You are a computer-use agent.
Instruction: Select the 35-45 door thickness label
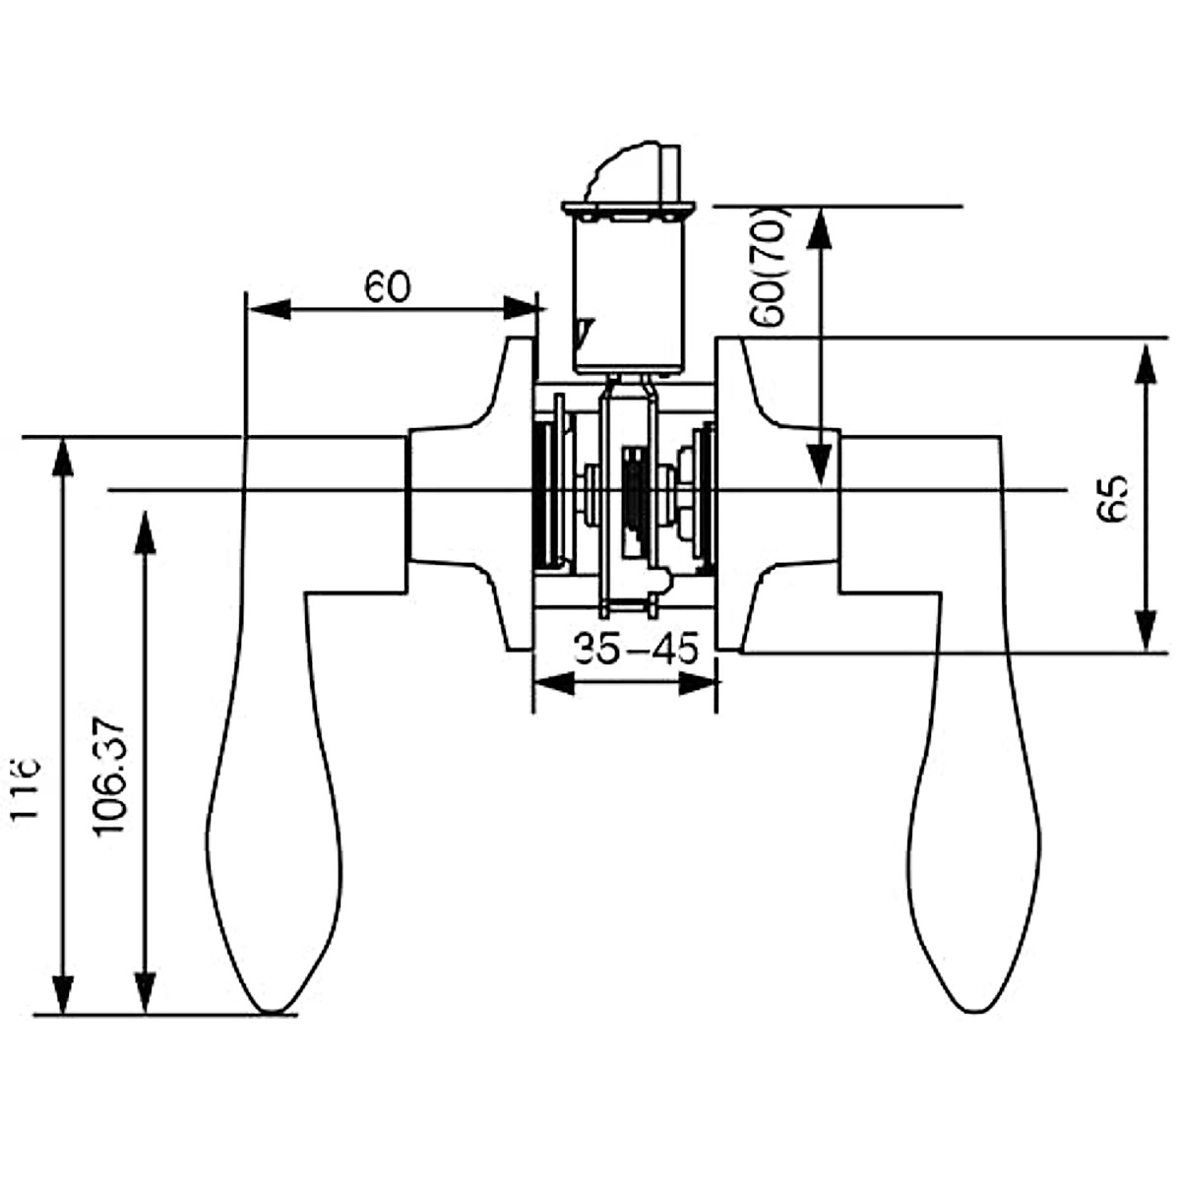(x=637, y=650)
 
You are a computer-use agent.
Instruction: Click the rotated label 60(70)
(x=768, y=267)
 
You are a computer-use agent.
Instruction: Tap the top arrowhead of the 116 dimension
(x=63, y=459)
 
